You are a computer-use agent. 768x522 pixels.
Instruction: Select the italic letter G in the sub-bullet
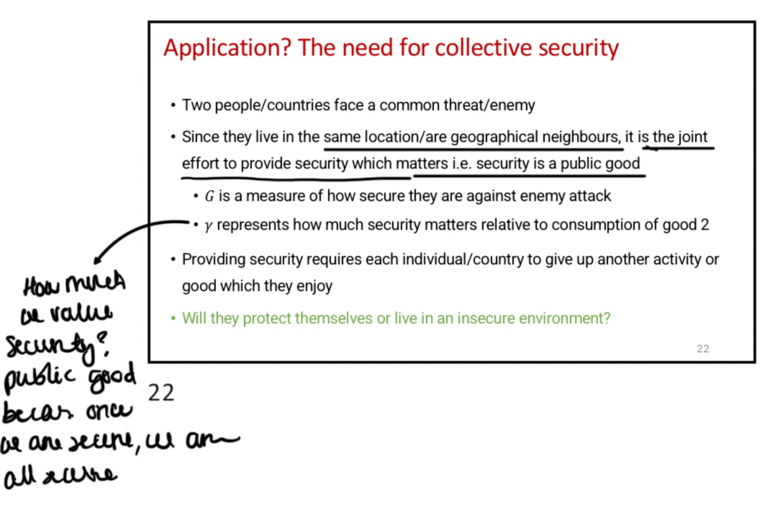[210, 196]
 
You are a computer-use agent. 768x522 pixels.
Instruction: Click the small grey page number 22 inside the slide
[702, 349]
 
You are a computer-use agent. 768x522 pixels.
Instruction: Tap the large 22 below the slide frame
[161, 393]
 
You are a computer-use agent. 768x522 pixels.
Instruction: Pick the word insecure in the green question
[482, 318]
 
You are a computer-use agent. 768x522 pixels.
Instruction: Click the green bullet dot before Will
[173, 319]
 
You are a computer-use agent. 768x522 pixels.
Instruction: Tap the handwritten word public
[39, 380]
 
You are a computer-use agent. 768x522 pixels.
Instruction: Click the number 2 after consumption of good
[705, 225]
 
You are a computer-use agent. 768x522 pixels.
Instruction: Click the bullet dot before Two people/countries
[173, 106]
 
